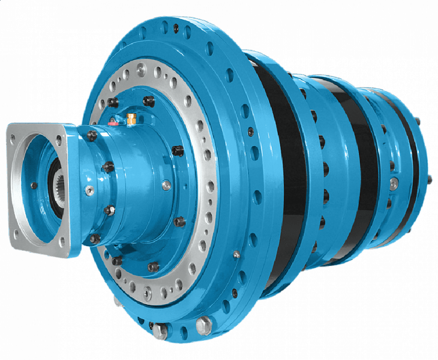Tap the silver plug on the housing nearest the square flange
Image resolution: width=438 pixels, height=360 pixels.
click(x=89, y=191)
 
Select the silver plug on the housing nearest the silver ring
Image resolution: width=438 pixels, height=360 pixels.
click(x=166, y=184)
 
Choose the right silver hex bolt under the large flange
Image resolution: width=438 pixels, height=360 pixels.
click(x=203, y=326)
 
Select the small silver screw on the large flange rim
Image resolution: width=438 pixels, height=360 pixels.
click(x=236, y=255)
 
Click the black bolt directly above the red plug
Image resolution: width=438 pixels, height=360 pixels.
click(x=112, y=103)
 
